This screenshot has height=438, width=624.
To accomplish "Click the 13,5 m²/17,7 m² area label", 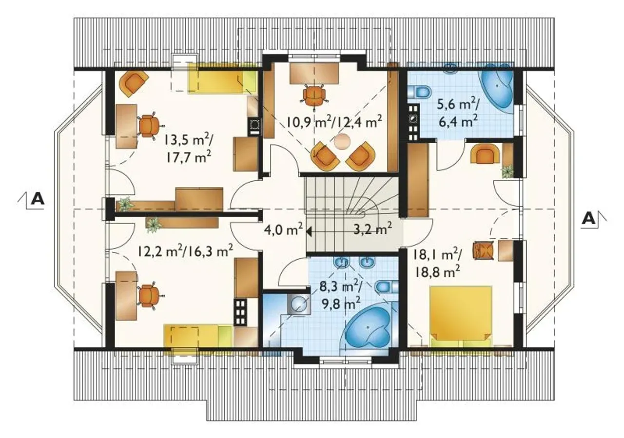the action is tap(189, 150).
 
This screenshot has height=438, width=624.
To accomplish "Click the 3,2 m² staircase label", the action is tap(373, 229).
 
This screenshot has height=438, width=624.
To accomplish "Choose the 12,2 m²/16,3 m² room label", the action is tap(185, 251).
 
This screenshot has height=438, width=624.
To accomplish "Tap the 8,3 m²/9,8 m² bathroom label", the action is tap(341, 295).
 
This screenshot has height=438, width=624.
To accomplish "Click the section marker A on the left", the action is tap(38, 199).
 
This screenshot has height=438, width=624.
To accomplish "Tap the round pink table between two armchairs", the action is tap(342, 142).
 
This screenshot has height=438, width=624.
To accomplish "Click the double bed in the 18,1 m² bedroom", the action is tap(461, 316).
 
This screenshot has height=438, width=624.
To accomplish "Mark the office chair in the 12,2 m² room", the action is tap(150, 295).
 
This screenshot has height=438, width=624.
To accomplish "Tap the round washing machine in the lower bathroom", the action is tap(298, 305).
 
